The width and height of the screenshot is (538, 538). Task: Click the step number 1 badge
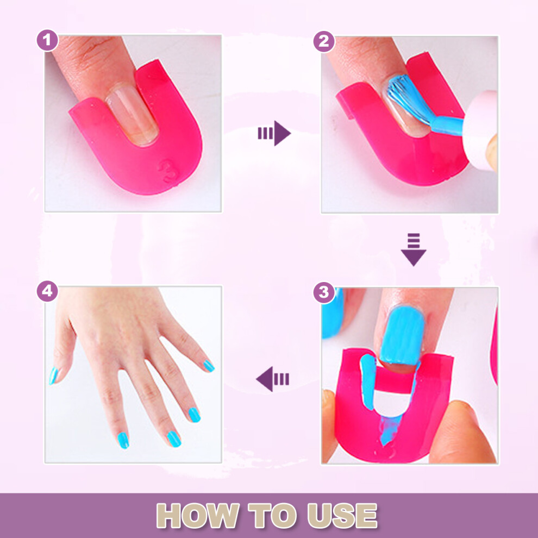(47, 41)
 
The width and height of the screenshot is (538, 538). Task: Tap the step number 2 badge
(324, 41)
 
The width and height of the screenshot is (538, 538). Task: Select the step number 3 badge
(324, 292)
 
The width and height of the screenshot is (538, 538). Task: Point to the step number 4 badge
(47, 291)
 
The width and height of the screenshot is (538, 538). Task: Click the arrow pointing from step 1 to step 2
(274, 133)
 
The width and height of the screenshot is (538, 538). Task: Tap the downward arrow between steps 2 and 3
(414, 249)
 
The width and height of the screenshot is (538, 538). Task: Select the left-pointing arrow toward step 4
(273, 379)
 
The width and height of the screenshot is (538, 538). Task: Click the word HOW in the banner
(198, 515)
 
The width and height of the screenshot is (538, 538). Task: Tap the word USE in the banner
(342, 515)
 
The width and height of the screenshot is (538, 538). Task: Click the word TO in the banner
(273, 515)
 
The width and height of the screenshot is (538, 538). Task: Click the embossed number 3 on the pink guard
(168, 170)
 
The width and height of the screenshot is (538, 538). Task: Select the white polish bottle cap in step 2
(480, 130)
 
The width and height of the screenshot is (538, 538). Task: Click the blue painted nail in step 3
(403, 335)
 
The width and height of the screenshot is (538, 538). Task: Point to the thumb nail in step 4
(53, 376)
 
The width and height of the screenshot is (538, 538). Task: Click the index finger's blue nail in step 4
(122, 440)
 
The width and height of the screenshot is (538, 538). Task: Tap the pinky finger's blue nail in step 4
(209, 366)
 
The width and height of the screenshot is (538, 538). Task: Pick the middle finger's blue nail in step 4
(174, 439)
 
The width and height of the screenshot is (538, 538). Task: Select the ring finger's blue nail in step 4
(194, 415)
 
